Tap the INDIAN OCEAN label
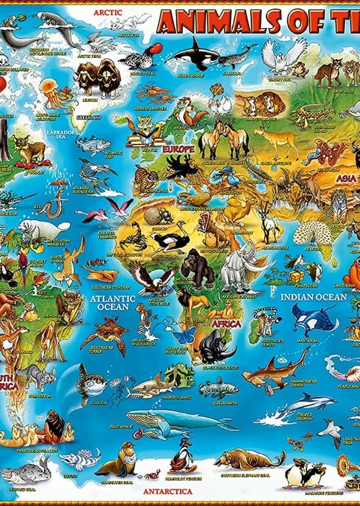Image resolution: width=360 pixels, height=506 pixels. (314, 298)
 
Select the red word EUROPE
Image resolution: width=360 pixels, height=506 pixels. (178, 149)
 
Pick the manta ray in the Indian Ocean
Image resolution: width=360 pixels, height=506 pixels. (314, 318)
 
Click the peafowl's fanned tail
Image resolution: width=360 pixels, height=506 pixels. (312, 232)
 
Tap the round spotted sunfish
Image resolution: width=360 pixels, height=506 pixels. (92, 383)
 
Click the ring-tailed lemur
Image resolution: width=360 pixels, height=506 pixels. (264, 320)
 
